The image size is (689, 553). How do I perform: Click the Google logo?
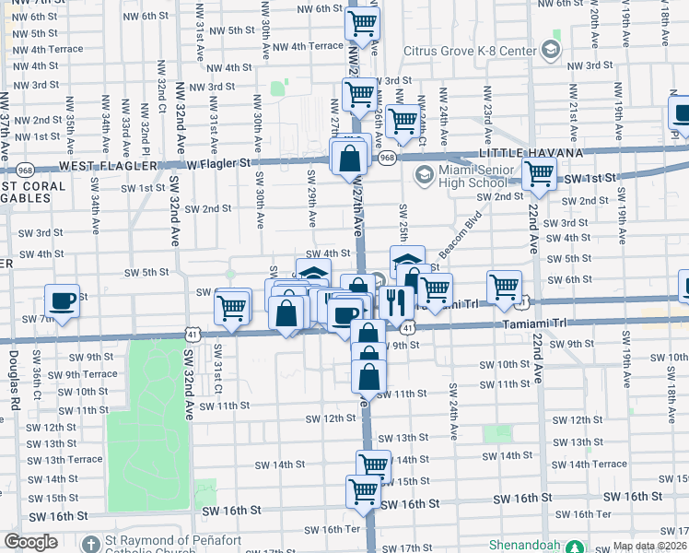point(30,542)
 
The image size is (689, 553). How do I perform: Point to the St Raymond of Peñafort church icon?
point(90,544)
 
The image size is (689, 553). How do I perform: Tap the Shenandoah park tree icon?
point(575,547)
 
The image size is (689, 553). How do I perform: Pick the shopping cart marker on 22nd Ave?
point(539,173)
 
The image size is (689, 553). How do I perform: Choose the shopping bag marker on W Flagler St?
point(350,157)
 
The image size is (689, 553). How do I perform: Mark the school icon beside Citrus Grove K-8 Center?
point(553,48)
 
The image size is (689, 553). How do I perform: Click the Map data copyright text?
point(650,546)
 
